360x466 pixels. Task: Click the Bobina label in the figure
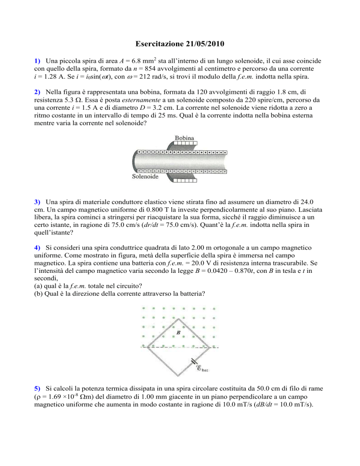[x=186, y=139]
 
